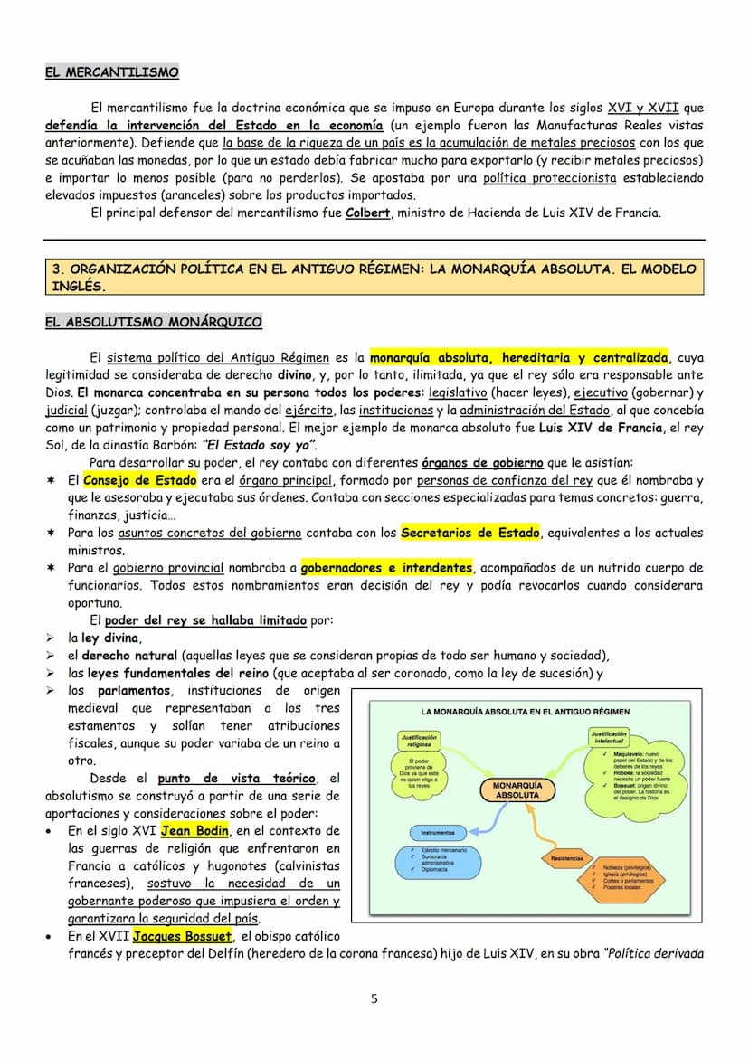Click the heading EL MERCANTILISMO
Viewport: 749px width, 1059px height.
click(112, 72)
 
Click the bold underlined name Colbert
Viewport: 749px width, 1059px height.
click(365, 213)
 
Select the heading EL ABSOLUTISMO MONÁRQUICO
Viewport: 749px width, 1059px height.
click(154, 322)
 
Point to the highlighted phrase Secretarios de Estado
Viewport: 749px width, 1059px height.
click(470, 534)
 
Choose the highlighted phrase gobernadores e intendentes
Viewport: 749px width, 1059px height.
click(386, 568)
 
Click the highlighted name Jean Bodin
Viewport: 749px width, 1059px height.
click(194, 831)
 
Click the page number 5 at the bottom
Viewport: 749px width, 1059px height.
click(374, 998)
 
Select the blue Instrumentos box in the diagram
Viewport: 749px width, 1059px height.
click(437, 832)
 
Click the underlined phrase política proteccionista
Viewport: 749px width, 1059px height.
click(549, 178)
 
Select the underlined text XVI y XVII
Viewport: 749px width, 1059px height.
click(633, 108)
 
